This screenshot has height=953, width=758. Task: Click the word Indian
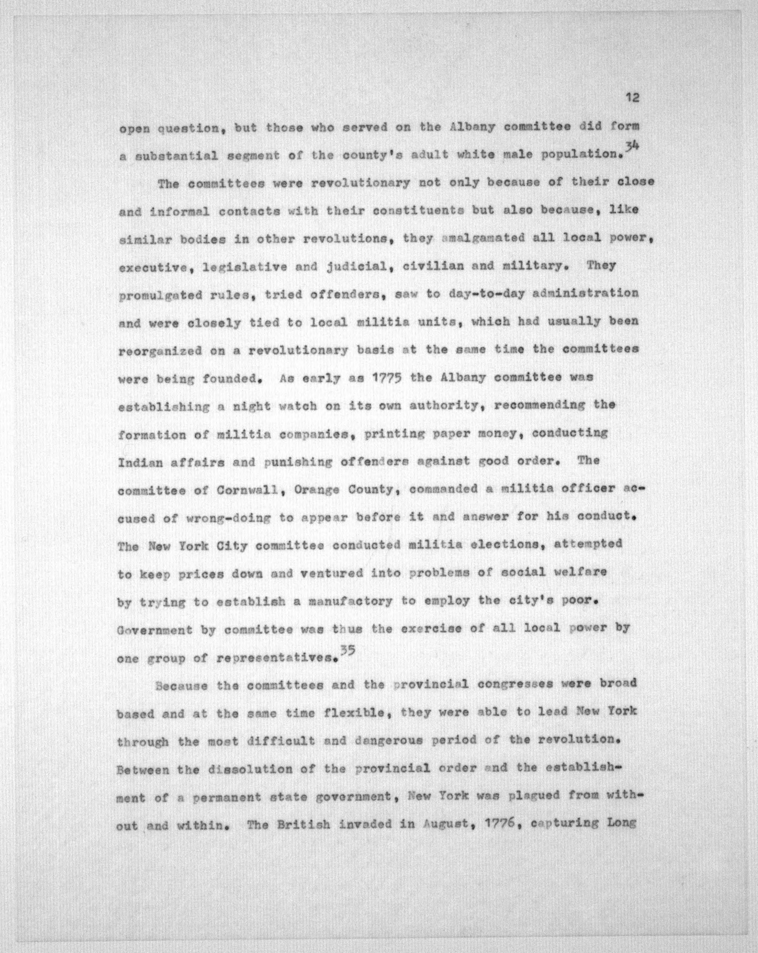point(140,463)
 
